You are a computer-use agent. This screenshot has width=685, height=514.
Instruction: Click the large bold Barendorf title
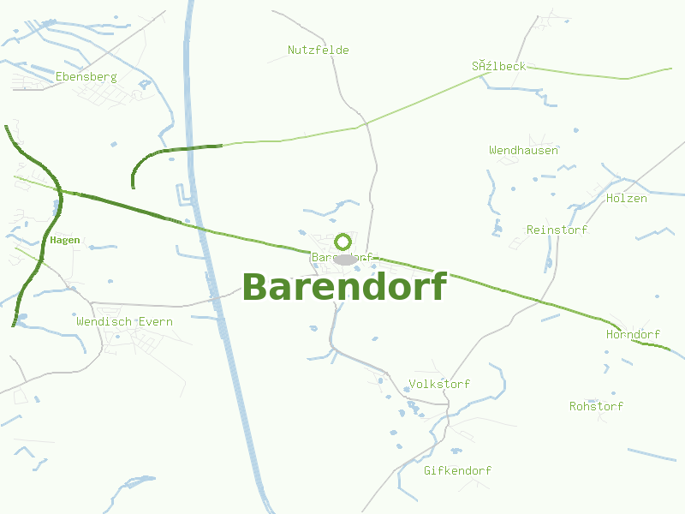click(344, 287)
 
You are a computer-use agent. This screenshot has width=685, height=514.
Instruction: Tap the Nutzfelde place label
click(319, 50)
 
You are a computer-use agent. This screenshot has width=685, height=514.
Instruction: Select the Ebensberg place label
click(86, 76)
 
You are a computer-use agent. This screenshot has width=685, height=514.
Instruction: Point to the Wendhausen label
click(524, 150)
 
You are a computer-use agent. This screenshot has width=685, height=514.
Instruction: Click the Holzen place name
click(627, 198)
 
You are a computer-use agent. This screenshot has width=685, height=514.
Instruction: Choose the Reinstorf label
click(557, 230)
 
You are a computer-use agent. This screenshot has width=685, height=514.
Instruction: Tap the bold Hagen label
click(65, 240)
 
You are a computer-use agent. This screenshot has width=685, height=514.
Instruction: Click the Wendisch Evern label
click(124, 321)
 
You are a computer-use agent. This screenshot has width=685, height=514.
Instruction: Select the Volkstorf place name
click(439, 384)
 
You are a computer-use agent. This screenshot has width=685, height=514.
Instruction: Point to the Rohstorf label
click(596, 406)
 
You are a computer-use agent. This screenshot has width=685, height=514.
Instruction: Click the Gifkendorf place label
click(457, 470)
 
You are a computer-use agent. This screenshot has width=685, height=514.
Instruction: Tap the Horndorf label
click(633, 334)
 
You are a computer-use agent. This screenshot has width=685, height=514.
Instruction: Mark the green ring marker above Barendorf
click(343, 242)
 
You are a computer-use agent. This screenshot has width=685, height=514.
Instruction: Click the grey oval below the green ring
click(345, 260)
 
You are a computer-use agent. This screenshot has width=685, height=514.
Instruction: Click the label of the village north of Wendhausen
click(498, 66)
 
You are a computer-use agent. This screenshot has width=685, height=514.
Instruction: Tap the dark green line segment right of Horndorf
click(654, 345)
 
